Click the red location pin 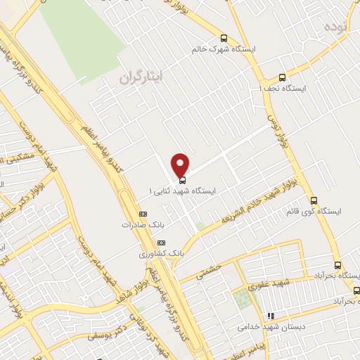[x=181, y=165]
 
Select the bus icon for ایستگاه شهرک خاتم [x=224, y=39]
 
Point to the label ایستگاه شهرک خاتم [x=224, y=50]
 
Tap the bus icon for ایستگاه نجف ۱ [x=283, y=78]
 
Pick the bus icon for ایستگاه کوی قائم [x=314, y=200]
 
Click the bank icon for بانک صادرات [x=143, y=214]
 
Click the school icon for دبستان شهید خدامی [x=270, y=316]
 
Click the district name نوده [x=337, y=26]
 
